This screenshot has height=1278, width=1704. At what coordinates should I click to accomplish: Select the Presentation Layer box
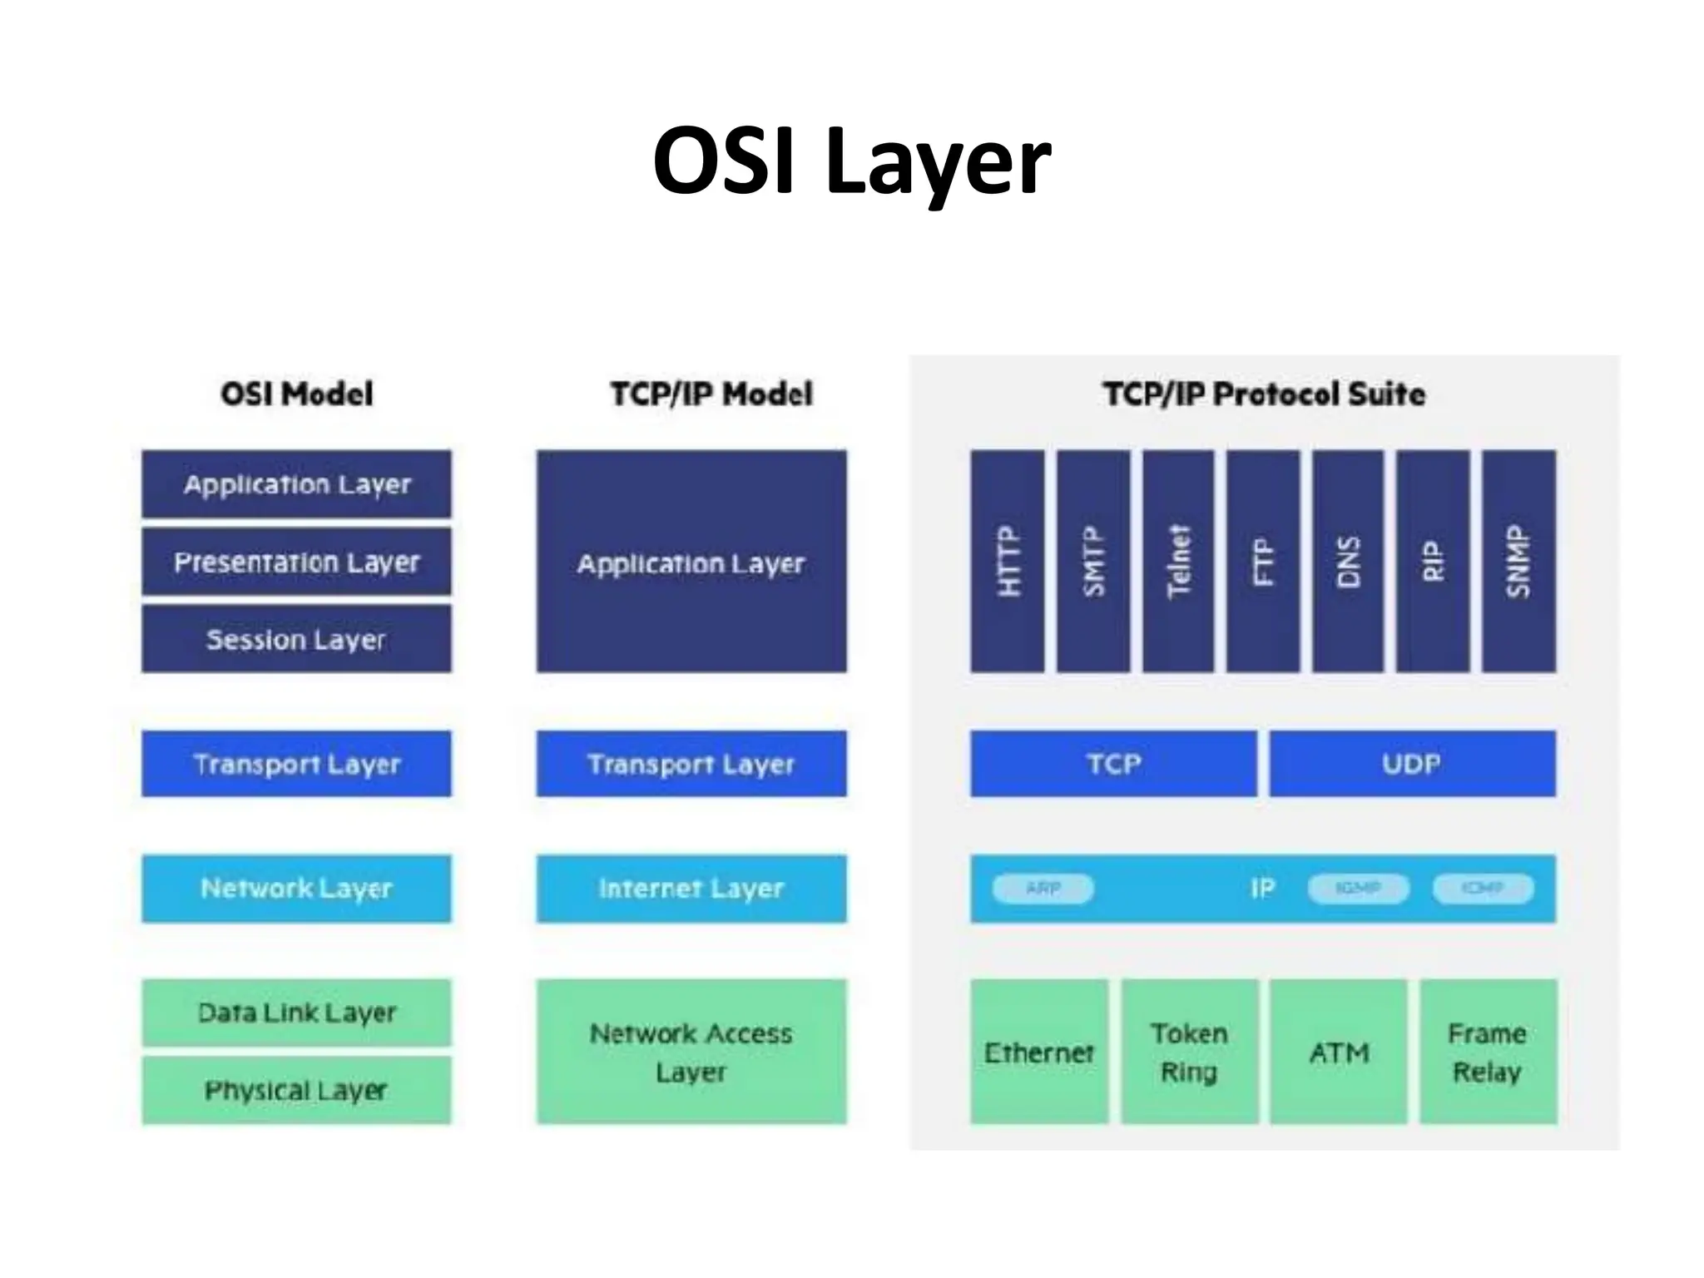point(296,562)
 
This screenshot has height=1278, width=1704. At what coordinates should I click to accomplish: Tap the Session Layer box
point(296,639)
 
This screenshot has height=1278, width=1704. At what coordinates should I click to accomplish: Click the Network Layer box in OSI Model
point(296,888)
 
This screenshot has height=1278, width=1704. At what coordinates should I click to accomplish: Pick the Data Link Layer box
point(296,1013)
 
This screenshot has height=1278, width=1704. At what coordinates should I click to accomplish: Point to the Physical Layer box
point(296,1090)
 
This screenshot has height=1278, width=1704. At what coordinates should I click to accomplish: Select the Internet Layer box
point(691,888)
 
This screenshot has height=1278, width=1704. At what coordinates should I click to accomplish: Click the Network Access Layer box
point(691,1052)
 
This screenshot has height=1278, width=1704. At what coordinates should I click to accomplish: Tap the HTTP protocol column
point(1007,561)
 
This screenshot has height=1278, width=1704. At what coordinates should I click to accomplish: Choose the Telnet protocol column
point(1178,561)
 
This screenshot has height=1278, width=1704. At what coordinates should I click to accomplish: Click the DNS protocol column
point(1348,561)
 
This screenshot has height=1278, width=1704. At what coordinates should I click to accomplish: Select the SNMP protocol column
point(1518,561)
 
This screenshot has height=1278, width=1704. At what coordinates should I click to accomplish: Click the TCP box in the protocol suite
point(1113,763)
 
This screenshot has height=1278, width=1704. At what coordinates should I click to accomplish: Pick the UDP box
point(1412,763)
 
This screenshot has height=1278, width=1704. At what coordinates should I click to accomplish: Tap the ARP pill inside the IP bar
point(1043,889)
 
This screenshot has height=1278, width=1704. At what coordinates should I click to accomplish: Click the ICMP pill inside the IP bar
point(1483,889)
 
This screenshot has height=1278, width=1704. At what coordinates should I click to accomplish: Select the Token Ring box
point(1189,1052)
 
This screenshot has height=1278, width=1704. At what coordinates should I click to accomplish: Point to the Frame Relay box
point(1488,1052)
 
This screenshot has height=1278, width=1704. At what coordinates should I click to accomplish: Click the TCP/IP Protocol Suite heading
point(1264,394)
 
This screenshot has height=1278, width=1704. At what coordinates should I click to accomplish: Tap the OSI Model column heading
point(296,394)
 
